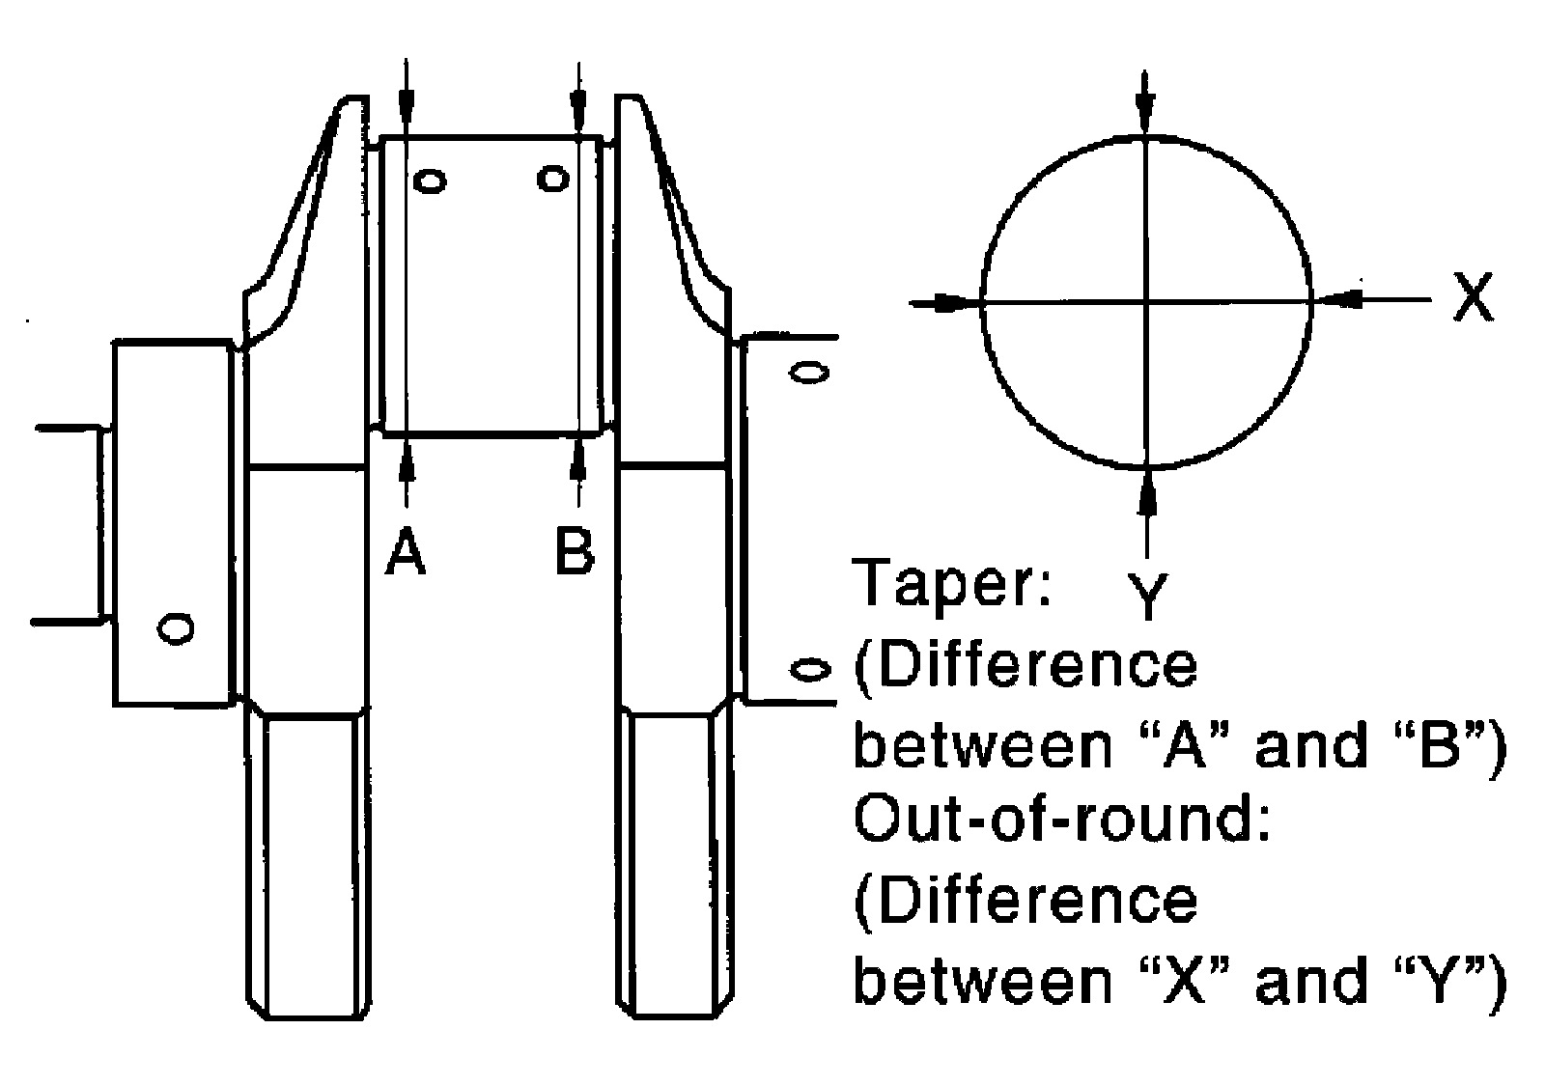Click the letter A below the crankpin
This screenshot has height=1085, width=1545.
[406, 550]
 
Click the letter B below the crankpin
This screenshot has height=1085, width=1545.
[574, 550]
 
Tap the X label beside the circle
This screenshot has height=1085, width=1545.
[1473, 296]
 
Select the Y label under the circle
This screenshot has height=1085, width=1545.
[1148, 597]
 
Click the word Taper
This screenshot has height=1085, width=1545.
[952, 582]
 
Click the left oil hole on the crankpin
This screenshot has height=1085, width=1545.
[431, 182]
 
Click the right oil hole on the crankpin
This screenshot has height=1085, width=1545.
[553, 180]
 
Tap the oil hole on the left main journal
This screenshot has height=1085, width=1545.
[176, 628]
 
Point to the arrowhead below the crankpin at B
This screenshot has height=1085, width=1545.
[578, 456]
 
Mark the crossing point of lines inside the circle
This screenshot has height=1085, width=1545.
[1146, 301]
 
